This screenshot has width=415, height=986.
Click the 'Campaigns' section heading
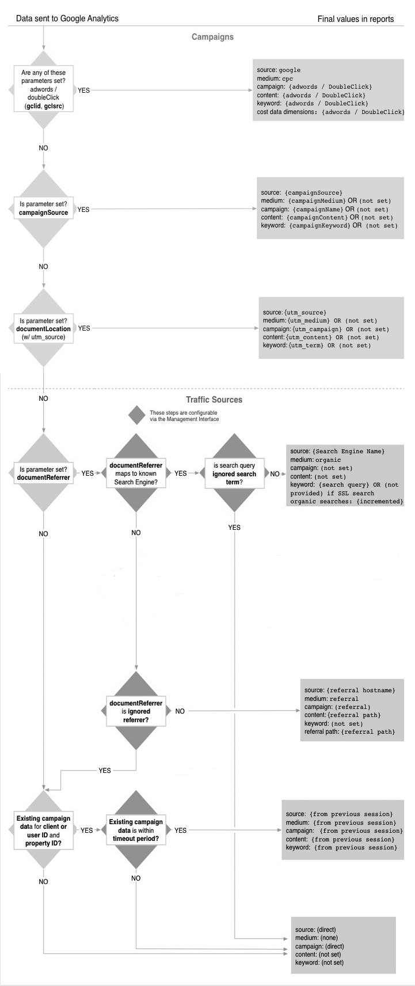tap(212, 37)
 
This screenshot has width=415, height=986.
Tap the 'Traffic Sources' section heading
tap(214, 400)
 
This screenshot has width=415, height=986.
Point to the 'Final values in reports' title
tap(356, 19)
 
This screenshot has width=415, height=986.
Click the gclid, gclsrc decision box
tap(43, 90)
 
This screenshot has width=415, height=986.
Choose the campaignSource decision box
tap(44, 208)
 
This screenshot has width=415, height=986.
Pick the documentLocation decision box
tap(44, 328)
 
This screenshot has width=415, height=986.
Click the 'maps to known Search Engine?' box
tap(136, 473)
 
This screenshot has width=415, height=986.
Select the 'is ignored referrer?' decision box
tap(136, 711)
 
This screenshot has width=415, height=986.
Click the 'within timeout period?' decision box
tap(136, 830)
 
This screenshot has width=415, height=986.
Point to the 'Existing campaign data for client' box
tap(44, 830)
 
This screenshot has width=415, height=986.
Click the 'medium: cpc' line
tap(275, 78)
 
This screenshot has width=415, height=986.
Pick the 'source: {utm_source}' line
tap(295, 312)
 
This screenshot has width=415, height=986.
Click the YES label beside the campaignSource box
tap(83, 210)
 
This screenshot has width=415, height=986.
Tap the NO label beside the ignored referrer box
tap(180, 711)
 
